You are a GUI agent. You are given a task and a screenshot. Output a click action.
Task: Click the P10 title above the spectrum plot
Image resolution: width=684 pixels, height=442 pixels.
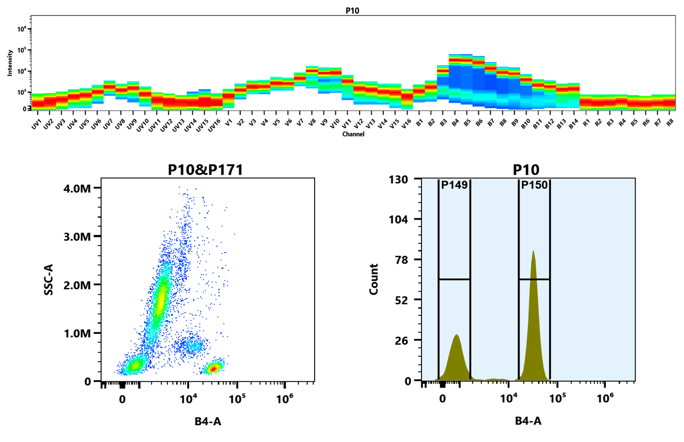coord(352,11)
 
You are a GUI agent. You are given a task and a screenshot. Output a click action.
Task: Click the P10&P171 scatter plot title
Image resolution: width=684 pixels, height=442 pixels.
coord(205,170)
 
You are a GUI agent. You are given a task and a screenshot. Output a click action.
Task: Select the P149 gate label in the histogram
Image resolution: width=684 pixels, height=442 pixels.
coord(454,185)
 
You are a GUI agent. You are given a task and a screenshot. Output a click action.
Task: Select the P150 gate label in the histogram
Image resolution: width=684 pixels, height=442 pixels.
coord(534,185)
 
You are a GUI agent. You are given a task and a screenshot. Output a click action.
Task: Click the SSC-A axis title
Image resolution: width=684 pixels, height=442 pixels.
coord(48,279)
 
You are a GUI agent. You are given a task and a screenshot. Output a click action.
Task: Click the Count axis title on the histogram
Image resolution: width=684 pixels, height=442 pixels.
coord(374,279)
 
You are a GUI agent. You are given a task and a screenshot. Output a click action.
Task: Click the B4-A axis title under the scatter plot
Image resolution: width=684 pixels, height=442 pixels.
coord(208,422)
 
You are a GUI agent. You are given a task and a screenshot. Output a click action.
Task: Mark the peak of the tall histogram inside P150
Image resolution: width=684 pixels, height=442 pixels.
coord(533,252)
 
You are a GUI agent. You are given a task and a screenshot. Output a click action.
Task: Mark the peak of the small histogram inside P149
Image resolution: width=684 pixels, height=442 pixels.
coord(457,335)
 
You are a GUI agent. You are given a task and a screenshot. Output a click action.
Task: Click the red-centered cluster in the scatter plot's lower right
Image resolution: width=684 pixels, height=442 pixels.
coord(213,368)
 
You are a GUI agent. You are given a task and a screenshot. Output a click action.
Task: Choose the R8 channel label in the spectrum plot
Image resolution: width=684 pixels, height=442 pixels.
coord(670,123)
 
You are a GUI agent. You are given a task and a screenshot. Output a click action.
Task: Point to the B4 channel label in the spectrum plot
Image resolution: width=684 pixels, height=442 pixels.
coord(455,123)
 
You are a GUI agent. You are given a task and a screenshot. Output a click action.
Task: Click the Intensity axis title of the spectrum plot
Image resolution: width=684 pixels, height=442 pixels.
coord(10,63)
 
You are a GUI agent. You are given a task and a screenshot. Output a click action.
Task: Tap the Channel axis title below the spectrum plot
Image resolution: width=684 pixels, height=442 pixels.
coord(353,134)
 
